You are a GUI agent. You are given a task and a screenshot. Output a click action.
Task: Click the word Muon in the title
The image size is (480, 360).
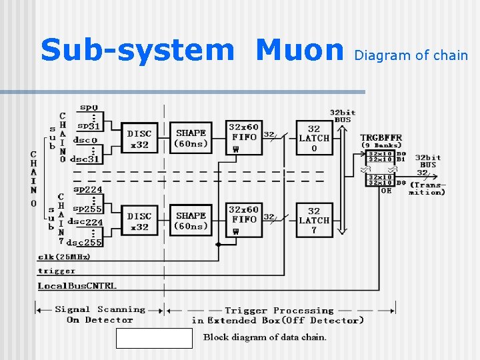tap(299, 51)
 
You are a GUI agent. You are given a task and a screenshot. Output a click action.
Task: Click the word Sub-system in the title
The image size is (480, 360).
tap(137, 51)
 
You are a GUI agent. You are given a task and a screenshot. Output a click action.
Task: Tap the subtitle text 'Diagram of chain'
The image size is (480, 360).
tap(411, 55)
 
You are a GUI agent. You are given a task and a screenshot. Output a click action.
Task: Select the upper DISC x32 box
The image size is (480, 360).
tap(139, 138)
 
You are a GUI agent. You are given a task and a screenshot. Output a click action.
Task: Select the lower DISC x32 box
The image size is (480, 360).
tap(139, 221)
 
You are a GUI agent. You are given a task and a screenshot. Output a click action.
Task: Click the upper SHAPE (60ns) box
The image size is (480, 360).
tap(191, 138)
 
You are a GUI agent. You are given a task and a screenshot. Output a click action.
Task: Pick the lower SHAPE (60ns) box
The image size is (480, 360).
tap(191, 221)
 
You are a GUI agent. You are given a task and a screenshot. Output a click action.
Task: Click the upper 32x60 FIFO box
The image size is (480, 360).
tap(244, 137)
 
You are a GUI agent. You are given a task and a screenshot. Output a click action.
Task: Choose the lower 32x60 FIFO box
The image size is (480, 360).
tap(244, 220)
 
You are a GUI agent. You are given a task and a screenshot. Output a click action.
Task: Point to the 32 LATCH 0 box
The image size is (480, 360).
tap(313, 138)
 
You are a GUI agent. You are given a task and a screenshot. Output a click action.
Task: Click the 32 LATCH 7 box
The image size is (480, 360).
tap(313, 221)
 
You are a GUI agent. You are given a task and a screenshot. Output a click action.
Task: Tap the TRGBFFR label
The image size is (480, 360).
tap(381, 137)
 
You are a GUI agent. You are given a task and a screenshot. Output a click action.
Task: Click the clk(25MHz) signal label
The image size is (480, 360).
tap(64, 257)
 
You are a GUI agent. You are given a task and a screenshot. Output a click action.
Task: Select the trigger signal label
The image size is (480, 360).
tap(57, 271)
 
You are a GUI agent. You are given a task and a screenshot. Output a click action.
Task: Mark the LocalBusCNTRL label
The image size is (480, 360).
tap(77, 286)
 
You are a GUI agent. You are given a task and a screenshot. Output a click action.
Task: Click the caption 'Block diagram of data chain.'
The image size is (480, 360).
tap(265, 337)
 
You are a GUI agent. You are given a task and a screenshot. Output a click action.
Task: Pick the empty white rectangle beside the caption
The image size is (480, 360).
tap(154, 338)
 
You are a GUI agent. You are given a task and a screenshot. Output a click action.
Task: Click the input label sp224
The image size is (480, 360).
tap(87, 190)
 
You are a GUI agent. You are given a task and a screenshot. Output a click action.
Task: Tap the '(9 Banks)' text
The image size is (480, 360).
tap(381, 145)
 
